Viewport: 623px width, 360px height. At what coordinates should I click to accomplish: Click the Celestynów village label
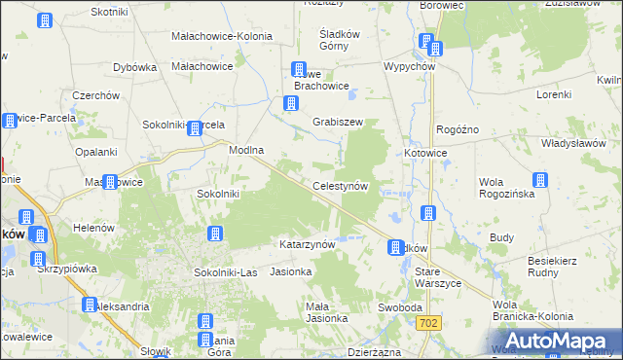point(340,185)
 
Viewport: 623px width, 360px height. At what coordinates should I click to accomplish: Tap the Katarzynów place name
point(308,244)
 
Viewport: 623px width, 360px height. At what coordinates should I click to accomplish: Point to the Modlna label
point(247,151)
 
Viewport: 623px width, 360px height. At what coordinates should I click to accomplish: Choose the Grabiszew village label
point(338,123)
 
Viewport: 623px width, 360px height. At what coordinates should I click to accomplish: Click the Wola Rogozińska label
point(503,187)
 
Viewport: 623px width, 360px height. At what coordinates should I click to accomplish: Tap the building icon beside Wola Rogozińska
point(539,180)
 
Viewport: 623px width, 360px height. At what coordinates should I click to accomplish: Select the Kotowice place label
point(425,153)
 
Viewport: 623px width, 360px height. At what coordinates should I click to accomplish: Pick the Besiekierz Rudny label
point(559,267)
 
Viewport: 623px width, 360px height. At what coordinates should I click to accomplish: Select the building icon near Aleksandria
point(89,305)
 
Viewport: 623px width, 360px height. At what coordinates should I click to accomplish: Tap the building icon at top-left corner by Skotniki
point(46,20)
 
